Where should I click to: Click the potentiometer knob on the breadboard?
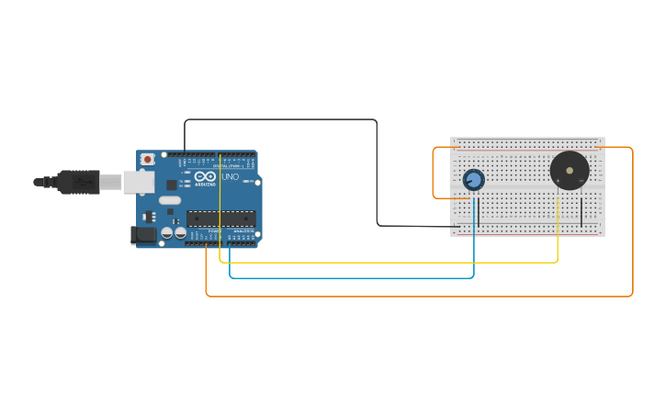point(473,179)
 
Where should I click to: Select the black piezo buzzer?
point(569,171)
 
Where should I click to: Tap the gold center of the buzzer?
point(570,170)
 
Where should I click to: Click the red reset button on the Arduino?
point(145,159)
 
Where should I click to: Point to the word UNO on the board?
point(230,176)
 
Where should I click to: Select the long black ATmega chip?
point(220,218)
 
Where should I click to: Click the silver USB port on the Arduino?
point(139,182)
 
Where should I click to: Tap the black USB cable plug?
point(78,182)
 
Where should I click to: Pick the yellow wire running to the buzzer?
point(386,263)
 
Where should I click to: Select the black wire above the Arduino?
point(276,118)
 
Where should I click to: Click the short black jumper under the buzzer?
point(581,210)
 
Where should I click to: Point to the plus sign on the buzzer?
point(558,183)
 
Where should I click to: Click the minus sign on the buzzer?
point(581,183)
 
